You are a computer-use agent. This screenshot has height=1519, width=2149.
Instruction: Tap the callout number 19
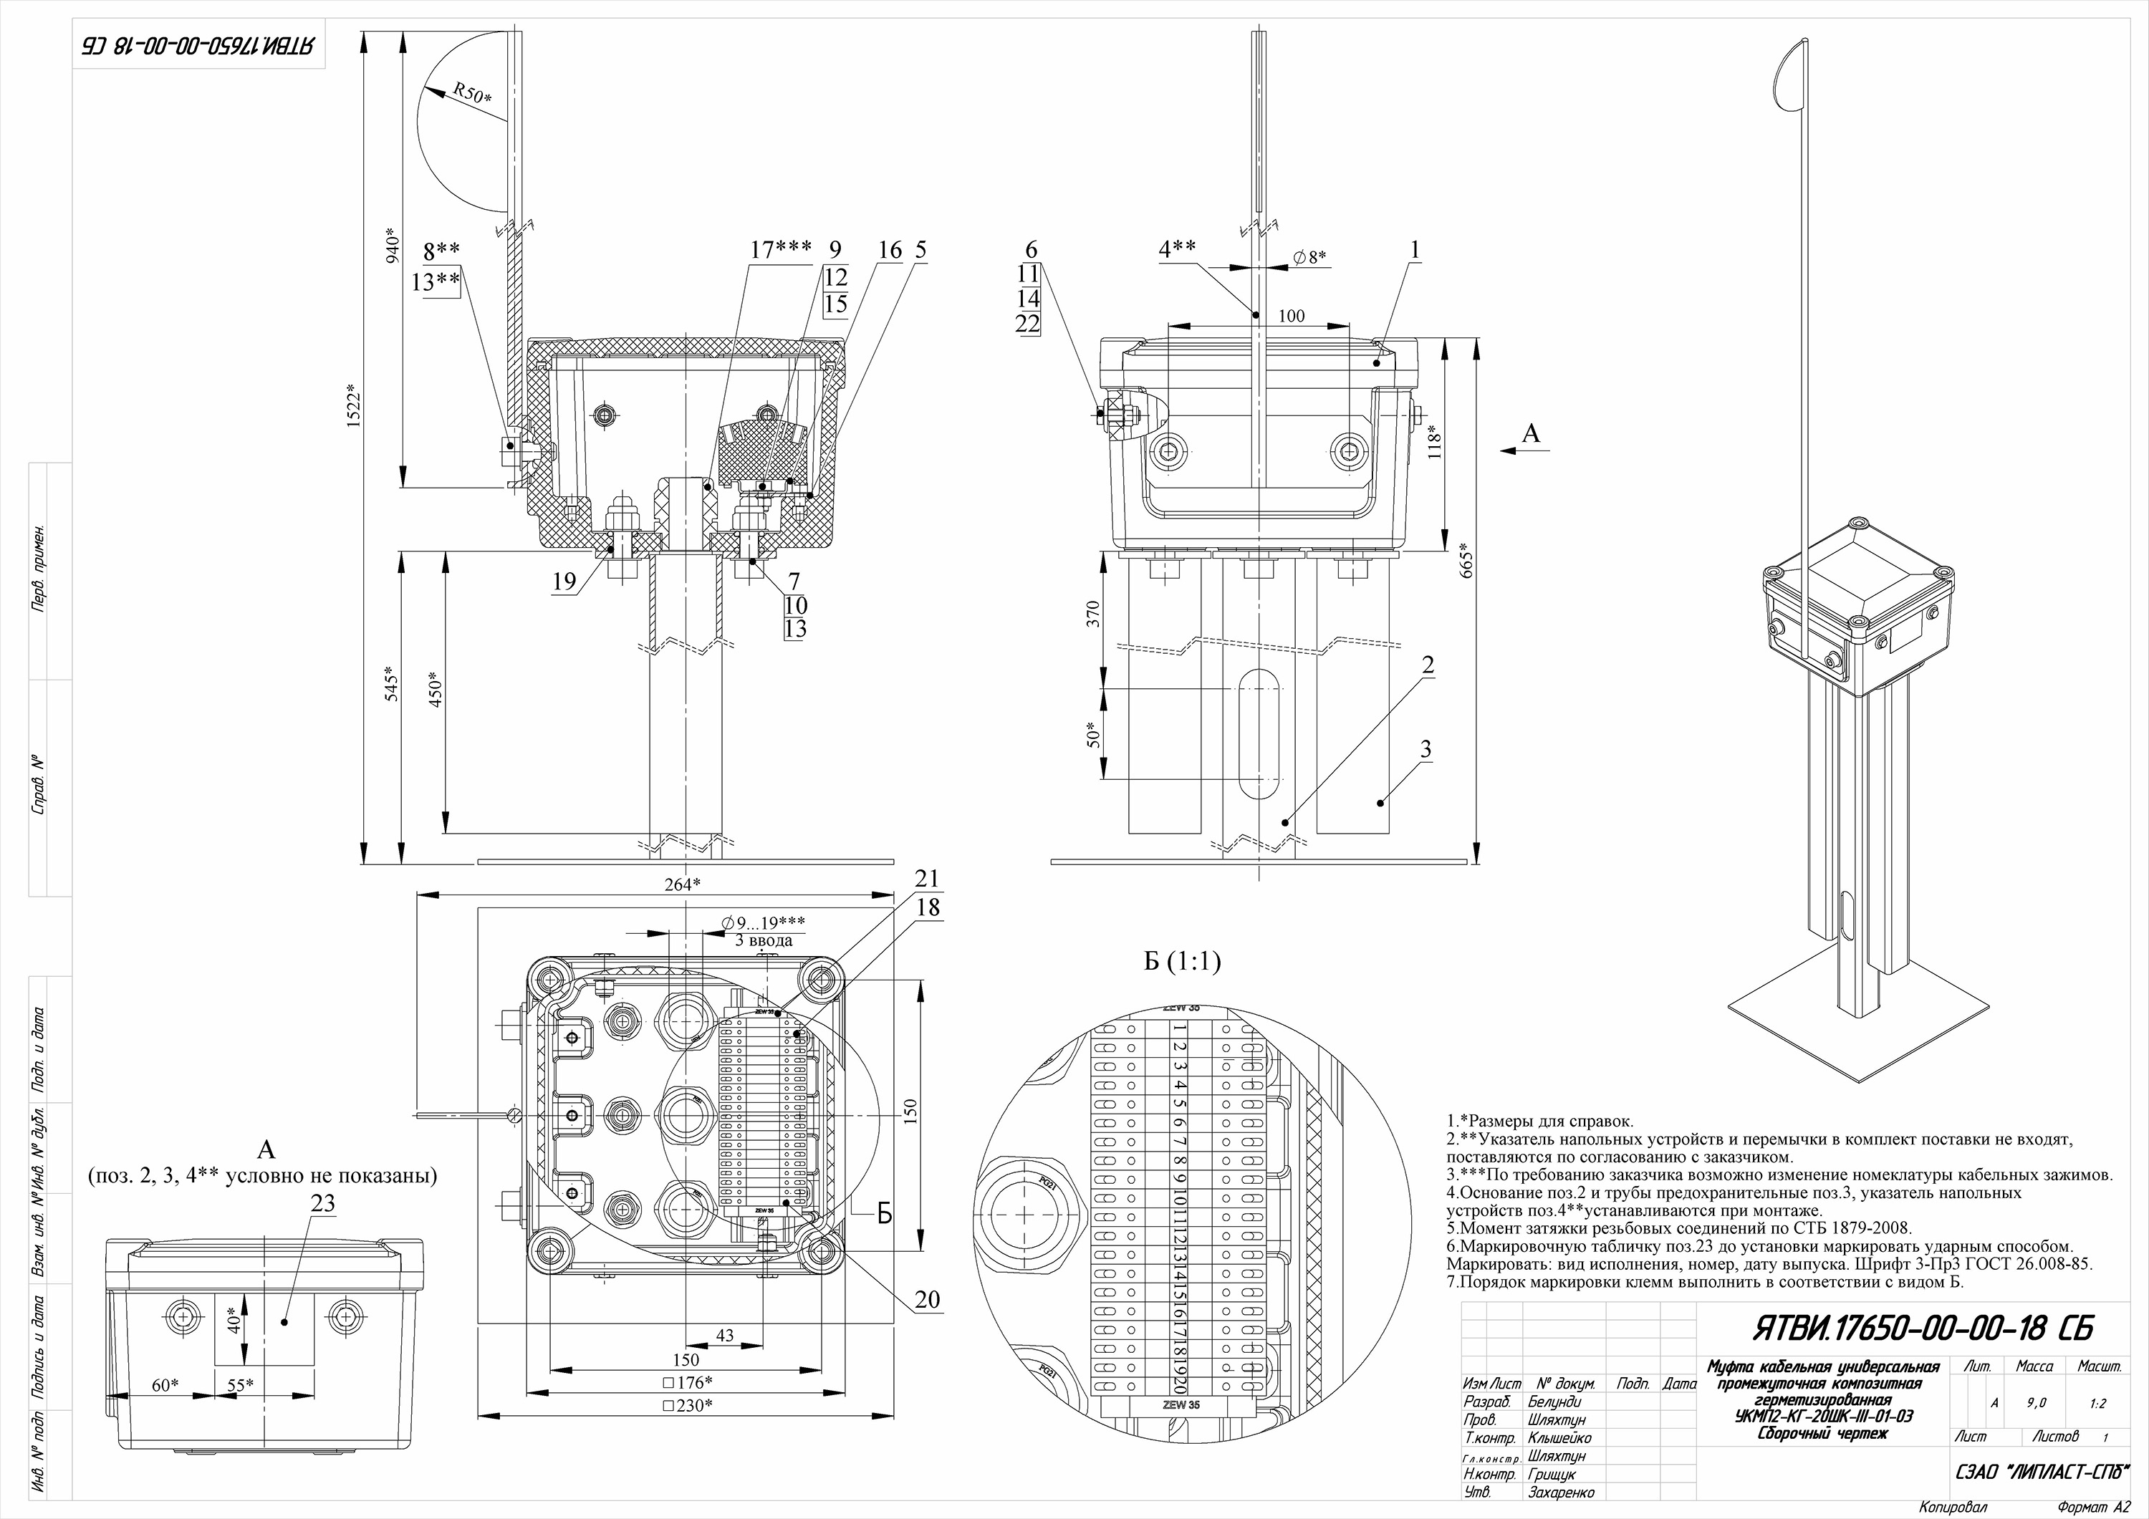pos(564,582)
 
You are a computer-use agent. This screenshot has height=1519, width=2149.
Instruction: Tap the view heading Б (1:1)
pos(1182,961)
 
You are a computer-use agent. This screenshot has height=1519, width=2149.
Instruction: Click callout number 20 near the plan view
pos(927,1299)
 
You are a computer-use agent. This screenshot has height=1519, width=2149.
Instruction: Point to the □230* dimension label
pos(687,1406)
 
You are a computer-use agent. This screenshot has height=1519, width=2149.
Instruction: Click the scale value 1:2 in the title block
pos(2098,1403)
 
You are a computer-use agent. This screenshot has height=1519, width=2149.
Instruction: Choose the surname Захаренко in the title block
pos(1560,1492)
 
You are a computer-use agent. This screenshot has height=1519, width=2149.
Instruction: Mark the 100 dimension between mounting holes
pos(1292,317)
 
